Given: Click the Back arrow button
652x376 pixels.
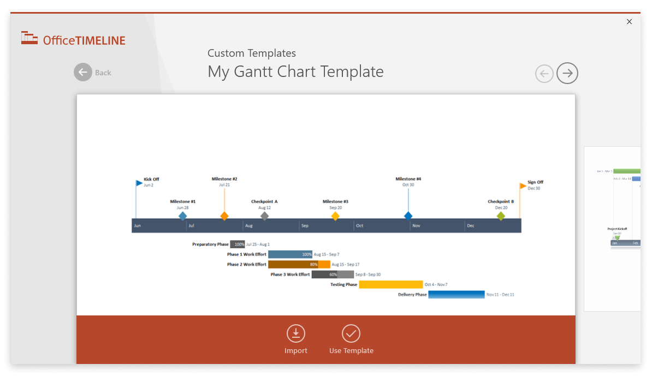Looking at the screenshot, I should pyautogui.click(x=83, y=73).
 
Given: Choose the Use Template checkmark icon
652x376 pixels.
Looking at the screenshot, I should pyautogui.click(x=351, y=333).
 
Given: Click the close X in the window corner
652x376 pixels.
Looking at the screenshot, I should pyautogui.click(x=629, y=22).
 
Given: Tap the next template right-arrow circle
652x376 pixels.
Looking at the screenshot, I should pyautogui.click(x=567, y=73).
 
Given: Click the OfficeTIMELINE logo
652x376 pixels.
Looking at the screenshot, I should pyautogui.click(x=73, y=39).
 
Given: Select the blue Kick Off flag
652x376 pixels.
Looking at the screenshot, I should pyautogui.click(x=139, y=183).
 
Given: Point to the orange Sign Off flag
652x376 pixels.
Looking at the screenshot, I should pyautogui.click(x=523, y=186).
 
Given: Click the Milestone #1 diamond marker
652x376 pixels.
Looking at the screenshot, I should pyautogui.click(x=183, y=216).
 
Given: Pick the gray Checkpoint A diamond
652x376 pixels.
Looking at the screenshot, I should pyautogui.click(x=265, y=216).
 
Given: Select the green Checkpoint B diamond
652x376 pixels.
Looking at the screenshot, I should pyautogui.click(x=501, y=216).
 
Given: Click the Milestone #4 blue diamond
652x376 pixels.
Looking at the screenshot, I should pyautogui.click(x=408, y=216).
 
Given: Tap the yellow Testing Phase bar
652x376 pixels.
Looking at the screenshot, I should pyautogui.click(x=390, y=284).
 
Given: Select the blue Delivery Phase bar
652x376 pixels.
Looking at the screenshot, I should pyautogui.click(x=456, y=295).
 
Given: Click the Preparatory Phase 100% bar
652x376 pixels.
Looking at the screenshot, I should pyautogui.click(x=238, y=244).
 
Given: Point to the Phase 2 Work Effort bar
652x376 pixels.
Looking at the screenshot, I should pyautogui.click(x=299, y=265).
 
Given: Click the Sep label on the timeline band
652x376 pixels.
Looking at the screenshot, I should pyautogui.click(x=305, y=226).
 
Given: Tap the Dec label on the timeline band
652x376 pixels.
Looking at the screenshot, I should pyautogui.click(x=471, y=226).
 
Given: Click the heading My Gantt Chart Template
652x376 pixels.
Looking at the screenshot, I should pyautogui.click(x=295, y=71).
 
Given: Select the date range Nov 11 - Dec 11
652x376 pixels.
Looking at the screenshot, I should pyautogui.click(x=500, y=295).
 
